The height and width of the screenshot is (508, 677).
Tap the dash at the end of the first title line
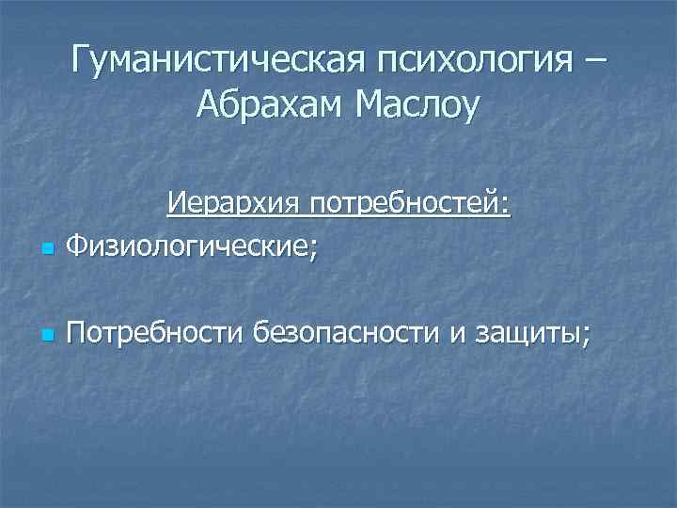594,62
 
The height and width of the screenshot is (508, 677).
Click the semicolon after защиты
587,336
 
